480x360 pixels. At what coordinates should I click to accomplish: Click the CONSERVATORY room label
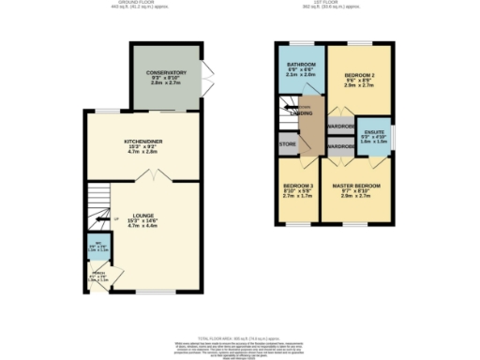pos(165,72)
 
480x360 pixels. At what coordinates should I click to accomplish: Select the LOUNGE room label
pos(142,216)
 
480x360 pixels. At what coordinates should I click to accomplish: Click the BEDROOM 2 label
pos(359,73)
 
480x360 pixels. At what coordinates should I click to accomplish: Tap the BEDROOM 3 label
pos(298,187)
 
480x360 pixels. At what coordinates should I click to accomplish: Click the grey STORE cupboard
pos(287,146)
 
